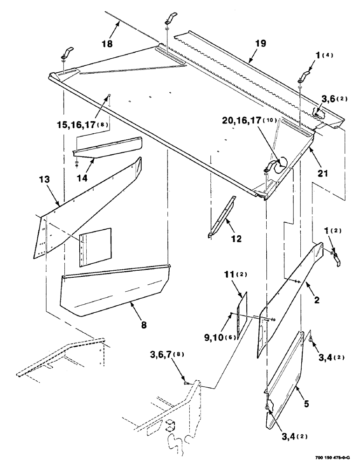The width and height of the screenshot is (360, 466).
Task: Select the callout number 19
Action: click(x=260, y=44)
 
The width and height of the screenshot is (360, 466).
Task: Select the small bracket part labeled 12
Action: click(x=221, y=217)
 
